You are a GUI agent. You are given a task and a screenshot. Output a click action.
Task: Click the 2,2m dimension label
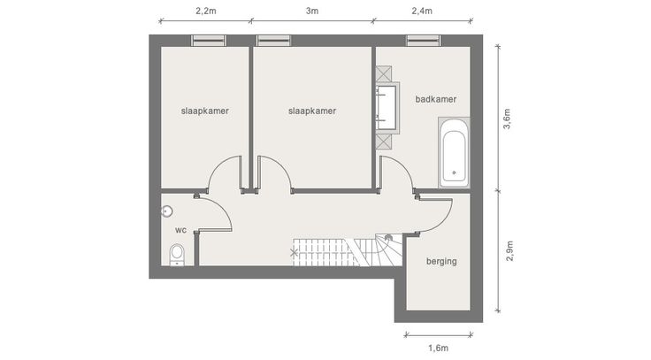[x=206, y=11]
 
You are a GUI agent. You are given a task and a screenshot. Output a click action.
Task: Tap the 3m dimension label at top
[x=312, y=11]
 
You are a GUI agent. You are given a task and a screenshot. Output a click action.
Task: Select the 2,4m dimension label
[x=422, y=11]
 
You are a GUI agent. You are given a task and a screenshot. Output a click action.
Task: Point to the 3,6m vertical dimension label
[x=507, y=119]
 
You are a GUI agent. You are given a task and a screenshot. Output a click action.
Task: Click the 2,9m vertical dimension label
[x=509, y=251]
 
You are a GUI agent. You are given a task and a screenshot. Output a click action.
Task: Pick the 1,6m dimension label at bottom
[x=439, y=348]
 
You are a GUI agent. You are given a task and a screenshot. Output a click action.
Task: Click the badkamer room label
[x=436, y=99]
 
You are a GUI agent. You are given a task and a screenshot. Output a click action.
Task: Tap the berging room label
[x=441, y=261]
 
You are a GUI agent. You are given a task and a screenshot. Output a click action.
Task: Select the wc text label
[x=180, y=230]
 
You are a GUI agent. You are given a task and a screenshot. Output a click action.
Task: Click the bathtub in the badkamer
[x=455, y=152]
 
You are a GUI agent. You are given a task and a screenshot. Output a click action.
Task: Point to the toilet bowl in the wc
[x=177, y=254]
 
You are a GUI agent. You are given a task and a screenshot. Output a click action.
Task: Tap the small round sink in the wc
[x=167, y=211]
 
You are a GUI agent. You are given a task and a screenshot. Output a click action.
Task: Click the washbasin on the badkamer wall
[x=387, y=108]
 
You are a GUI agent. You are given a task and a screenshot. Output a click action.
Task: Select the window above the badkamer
[x=423, y=41]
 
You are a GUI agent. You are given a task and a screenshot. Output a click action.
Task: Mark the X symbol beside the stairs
[x=294, y=252]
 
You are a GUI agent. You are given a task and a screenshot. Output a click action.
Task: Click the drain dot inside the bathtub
[x=455, y=172]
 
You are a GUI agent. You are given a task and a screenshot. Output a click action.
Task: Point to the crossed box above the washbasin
[x=384, y=74]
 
